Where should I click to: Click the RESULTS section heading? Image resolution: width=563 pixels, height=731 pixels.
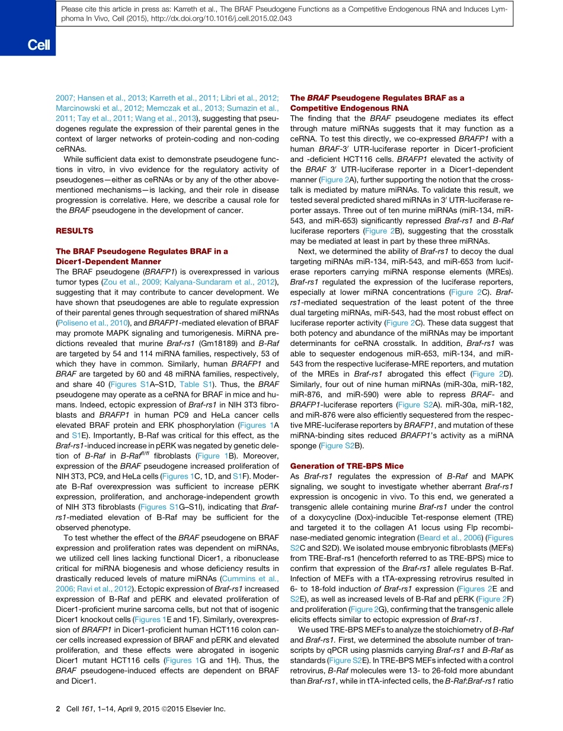click(x=75, y=230)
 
